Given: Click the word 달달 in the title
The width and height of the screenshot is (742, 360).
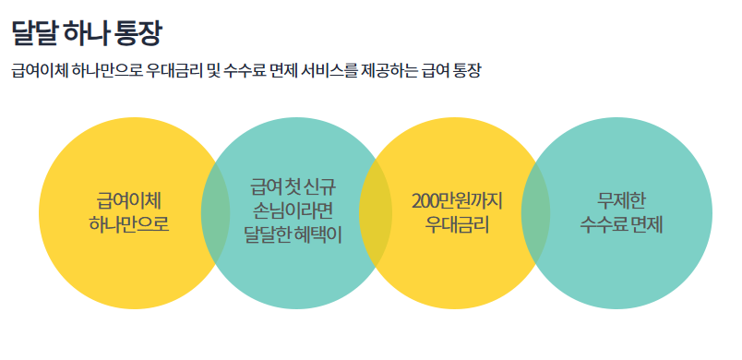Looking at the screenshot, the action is point(34,34).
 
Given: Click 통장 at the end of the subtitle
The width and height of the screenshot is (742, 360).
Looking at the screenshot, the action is point(469,71).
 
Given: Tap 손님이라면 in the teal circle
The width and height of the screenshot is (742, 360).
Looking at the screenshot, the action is point(293,211).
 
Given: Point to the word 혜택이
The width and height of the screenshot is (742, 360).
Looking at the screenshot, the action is point(318,234).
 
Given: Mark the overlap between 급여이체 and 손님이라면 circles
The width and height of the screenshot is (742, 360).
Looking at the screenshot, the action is point(216,212).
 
